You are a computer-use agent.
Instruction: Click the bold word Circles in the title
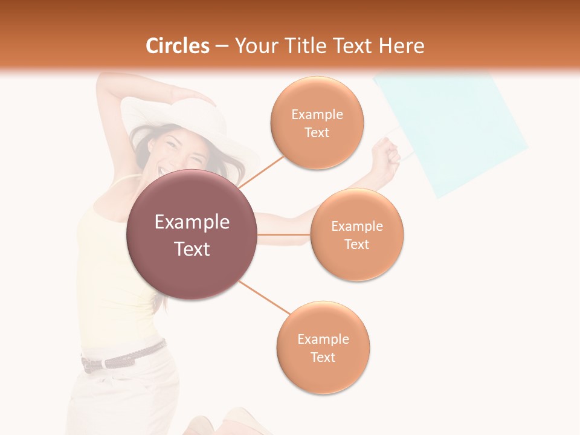pyautogui.click(x=177, y=46)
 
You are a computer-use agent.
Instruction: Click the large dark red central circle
pyautogui.click(x=192, y=234)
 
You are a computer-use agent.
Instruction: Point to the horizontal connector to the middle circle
pyautogui.click(x=283, y=234)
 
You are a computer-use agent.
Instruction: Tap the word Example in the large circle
pyautogui.click(x=192, y=222)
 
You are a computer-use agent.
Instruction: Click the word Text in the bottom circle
pyautogui.click(x=323, y=357)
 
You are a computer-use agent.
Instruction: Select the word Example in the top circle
pyautogui.click(x=317, y=114)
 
